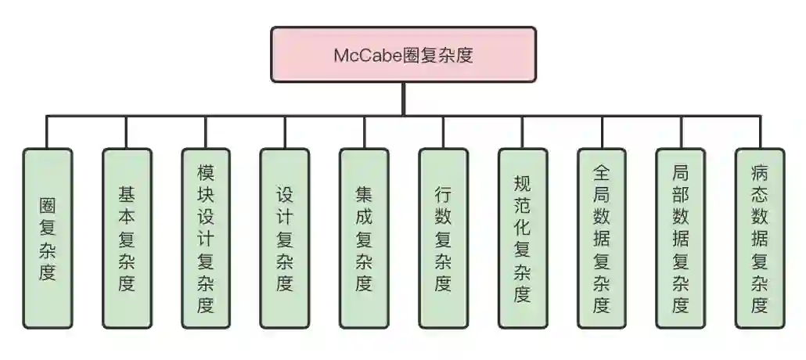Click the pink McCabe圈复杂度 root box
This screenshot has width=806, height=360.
(403, 55)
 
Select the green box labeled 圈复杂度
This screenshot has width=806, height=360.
(48, 238)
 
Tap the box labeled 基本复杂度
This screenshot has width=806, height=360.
(127, 238)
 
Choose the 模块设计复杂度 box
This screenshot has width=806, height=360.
(206, 238)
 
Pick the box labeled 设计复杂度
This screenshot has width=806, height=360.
(285, 238)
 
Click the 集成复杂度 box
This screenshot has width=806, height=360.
(364, 238)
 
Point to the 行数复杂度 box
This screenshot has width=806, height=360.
(443, 238)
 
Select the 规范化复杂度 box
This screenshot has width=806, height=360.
(522, 238)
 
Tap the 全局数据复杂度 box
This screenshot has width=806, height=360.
(601, 238)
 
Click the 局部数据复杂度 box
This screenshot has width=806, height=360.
(681, 238)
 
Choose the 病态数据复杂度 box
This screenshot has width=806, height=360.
(760, 238)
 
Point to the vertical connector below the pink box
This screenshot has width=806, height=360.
(403, 99)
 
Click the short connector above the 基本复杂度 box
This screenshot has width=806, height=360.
(127, 132)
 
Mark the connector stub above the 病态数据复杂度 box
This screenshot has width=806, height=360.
(760, 132)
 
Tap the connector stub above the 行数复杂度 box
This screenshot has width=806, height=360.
(443, 132)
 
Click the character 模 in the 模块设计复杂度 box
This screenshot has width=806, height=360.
(206, 170)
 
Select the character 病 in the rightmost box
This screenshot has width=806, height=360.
(760, 170)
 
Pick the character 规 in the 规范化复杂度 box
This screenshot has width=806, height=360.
(522, 183)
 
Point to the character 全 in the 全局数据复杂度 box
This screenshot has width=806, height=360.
(601, 170)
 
